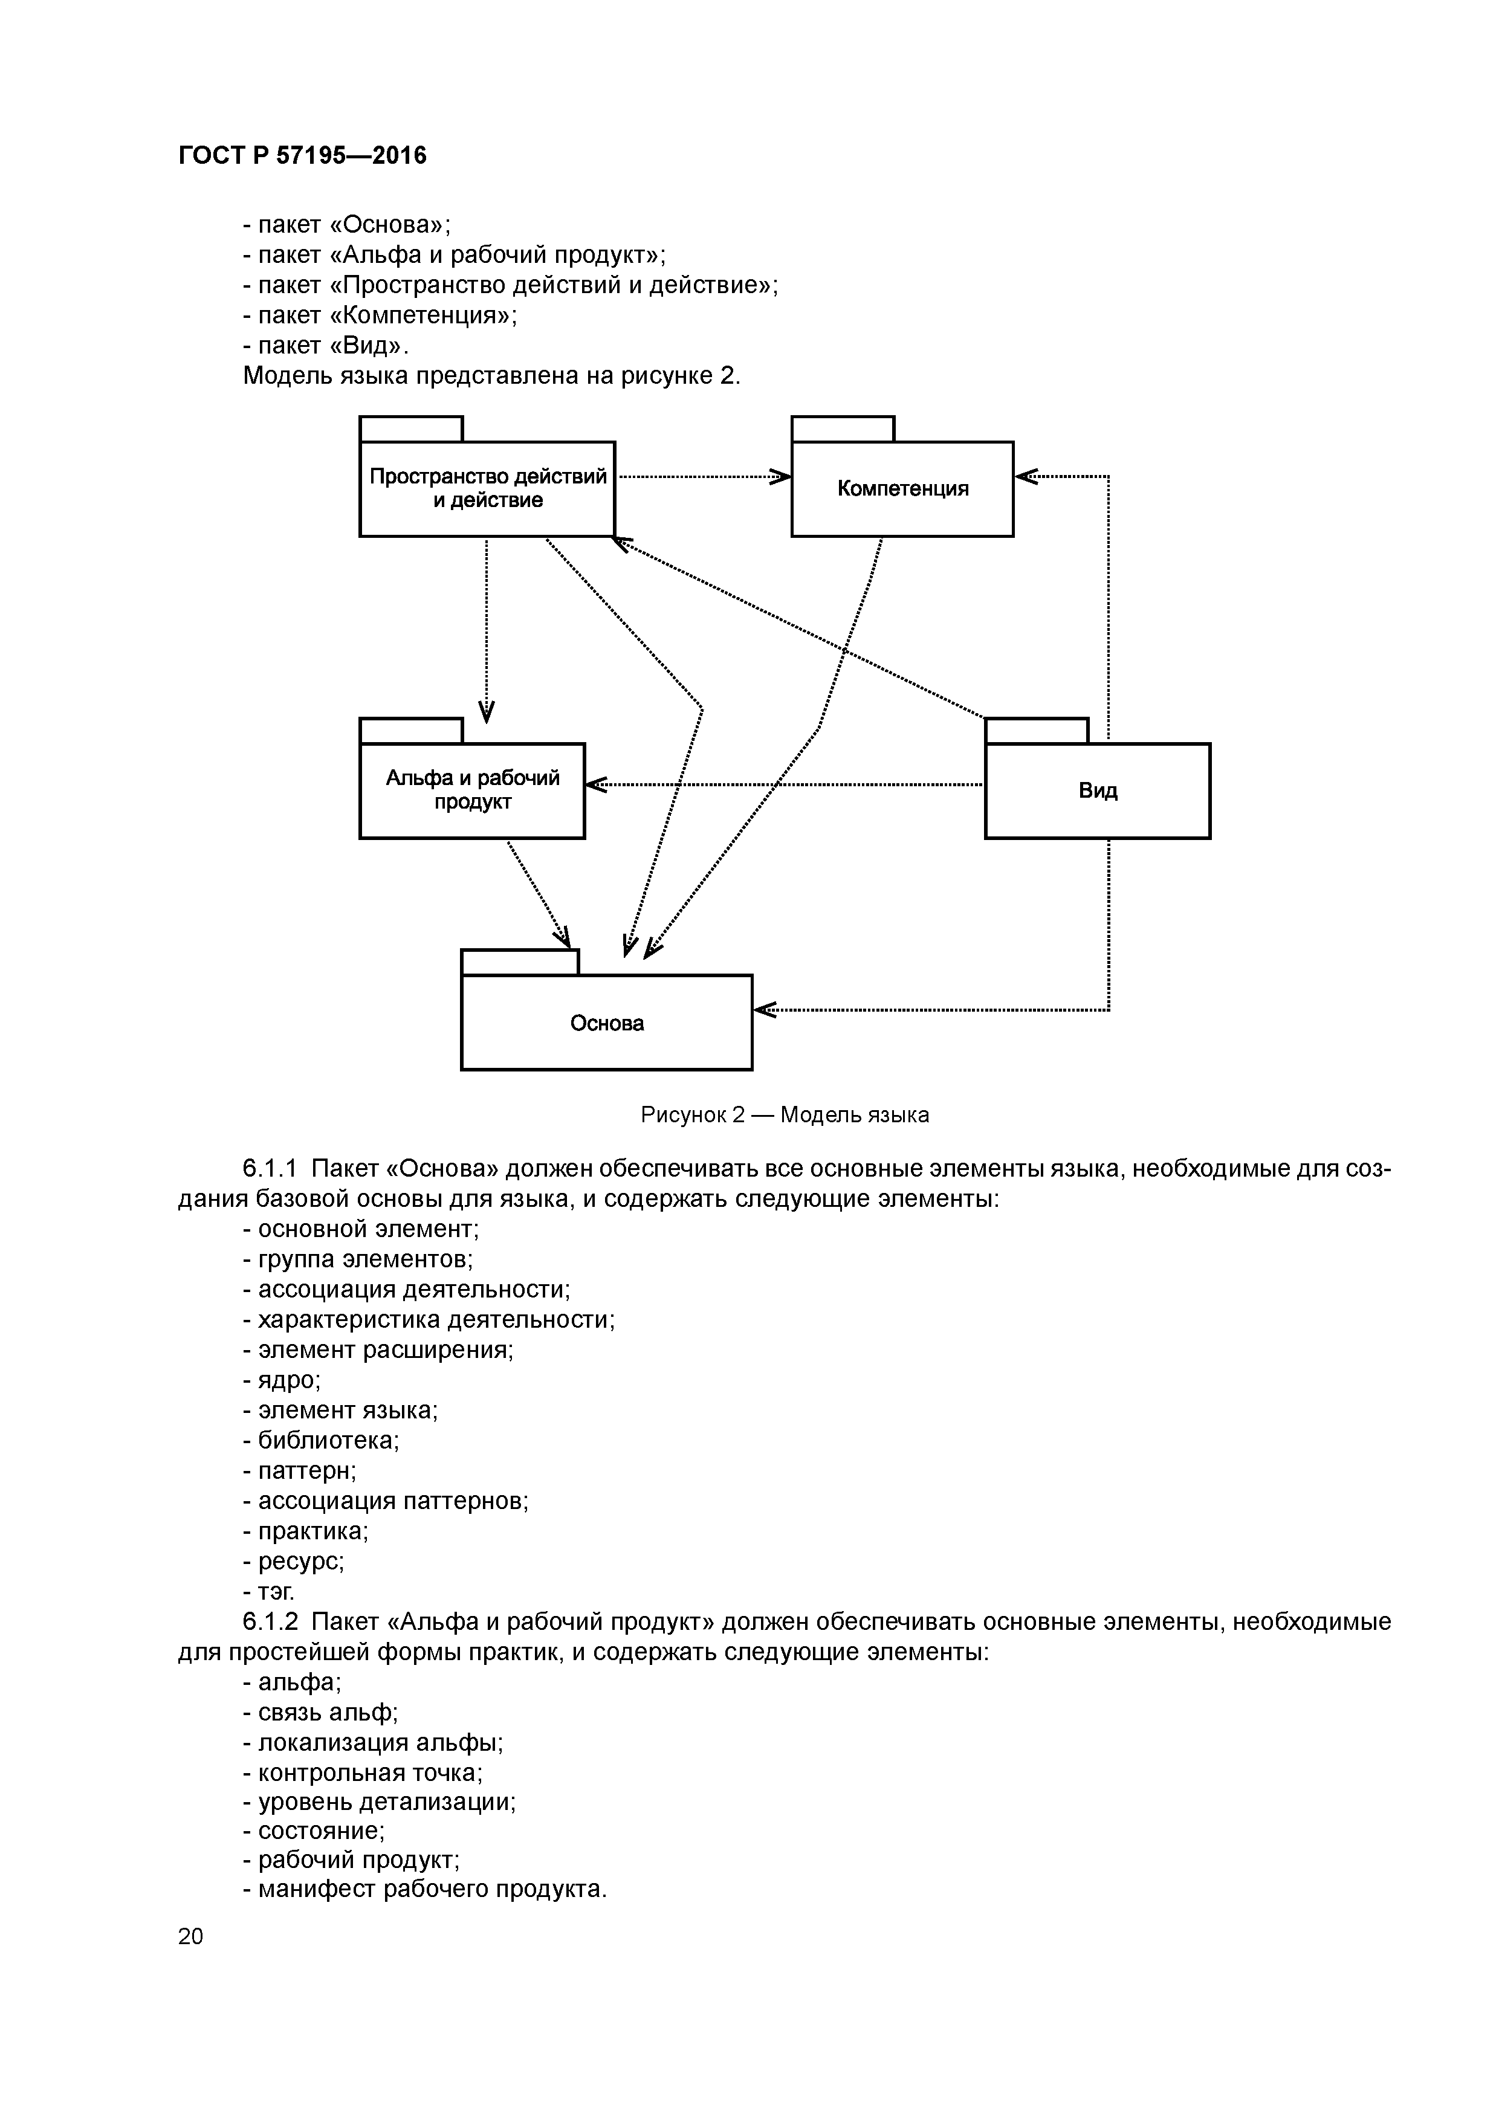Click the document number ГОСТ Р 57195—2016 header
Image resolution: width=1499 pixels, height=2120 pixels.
[302, 155]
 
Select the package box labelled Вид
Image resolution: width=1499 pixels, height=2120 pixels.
[1097, 790]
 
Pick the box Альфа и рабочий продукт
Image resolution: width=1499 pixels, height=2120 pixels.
[472, 790]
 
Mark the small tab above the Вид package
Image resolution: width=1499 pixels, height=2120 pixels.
[1036, 731]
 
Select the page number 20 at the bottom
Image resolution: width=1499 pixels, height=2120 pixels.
[190, 1935]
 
